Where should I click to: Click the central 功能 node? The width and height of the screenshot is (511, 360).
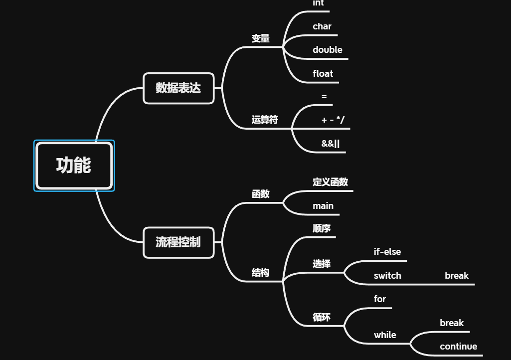coord(74,166)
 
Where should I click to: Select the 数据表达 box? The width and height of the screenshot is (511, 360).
coord(178,88)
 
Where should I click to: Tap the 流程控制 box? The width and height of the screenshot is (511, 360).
coord(178,242)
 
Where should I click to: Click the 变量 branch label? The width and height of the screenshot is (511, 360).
coord(260,38)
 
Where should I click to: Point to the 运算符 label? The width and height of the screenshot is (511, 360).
coord(265,120)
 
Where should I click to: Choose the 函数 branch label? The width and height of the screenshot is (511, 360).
coord(260,194)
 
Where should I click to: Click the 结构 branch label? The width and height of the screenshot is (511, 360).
coord(260,273)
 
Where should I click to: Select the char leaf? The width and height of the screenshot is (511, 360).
coord(322,26)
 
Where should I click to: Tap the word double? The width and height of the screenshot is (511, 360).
coord(328,50)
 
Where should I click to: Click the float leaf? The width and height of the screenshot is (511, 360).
coord(323,74)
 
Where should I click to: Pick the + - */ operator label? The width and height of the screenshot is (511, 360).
coord(333,120)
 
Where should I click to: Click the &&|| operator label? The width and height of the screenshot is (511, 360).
coord(331,144)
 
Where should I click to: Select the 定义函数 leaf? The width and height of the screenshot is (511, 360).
coord(330,182)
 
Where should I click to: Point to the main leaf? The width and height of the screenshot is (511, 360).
coord(323,206)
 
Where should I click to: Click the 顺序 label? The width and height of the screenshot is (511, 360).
coord(322,228)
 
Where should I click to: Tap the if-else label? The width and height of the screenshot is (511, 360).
coord(387,252)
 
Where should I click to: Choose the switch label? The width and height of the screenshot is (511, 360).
coord(387,276)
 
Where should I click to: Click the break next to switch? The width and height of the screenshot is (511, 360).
coord(457,276)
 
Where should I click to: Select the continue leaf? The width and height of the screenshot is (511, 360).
coord(458,347)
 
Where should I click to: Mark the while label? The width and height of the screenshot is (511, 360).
coord(385,335)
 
